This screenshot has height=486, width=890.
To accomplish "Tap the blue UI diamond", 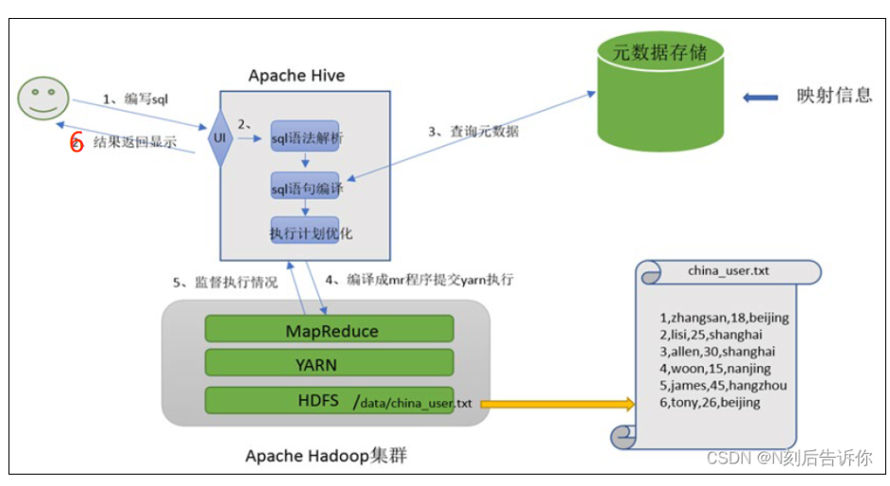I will (x=220, y=139).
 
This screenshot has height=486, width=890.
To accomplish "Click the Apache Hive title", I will (x=297, y=75).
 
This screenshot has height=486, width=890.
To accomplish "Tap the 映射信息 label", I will (x=834, y=96).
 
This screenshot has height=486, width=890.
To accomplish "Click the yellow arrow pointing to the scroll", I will (x=557, y=405).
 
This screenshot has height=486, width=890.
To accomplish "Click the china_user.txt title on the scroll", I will (x=728, y=271).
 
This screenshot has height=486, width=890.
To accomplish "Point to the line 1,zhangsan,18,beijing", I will (x=725, y=318).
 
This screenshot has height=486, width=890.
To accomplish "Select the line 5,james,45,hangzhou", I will (x=725, y=386).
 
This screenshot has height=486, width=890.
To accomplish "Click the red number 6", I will (x=77, y=143).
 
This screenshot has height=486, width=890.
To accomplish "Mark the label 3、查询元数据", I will (x=472, y=132).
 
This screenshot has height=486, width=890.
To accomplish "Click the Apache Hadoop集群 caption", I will (x=326, y=456).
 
